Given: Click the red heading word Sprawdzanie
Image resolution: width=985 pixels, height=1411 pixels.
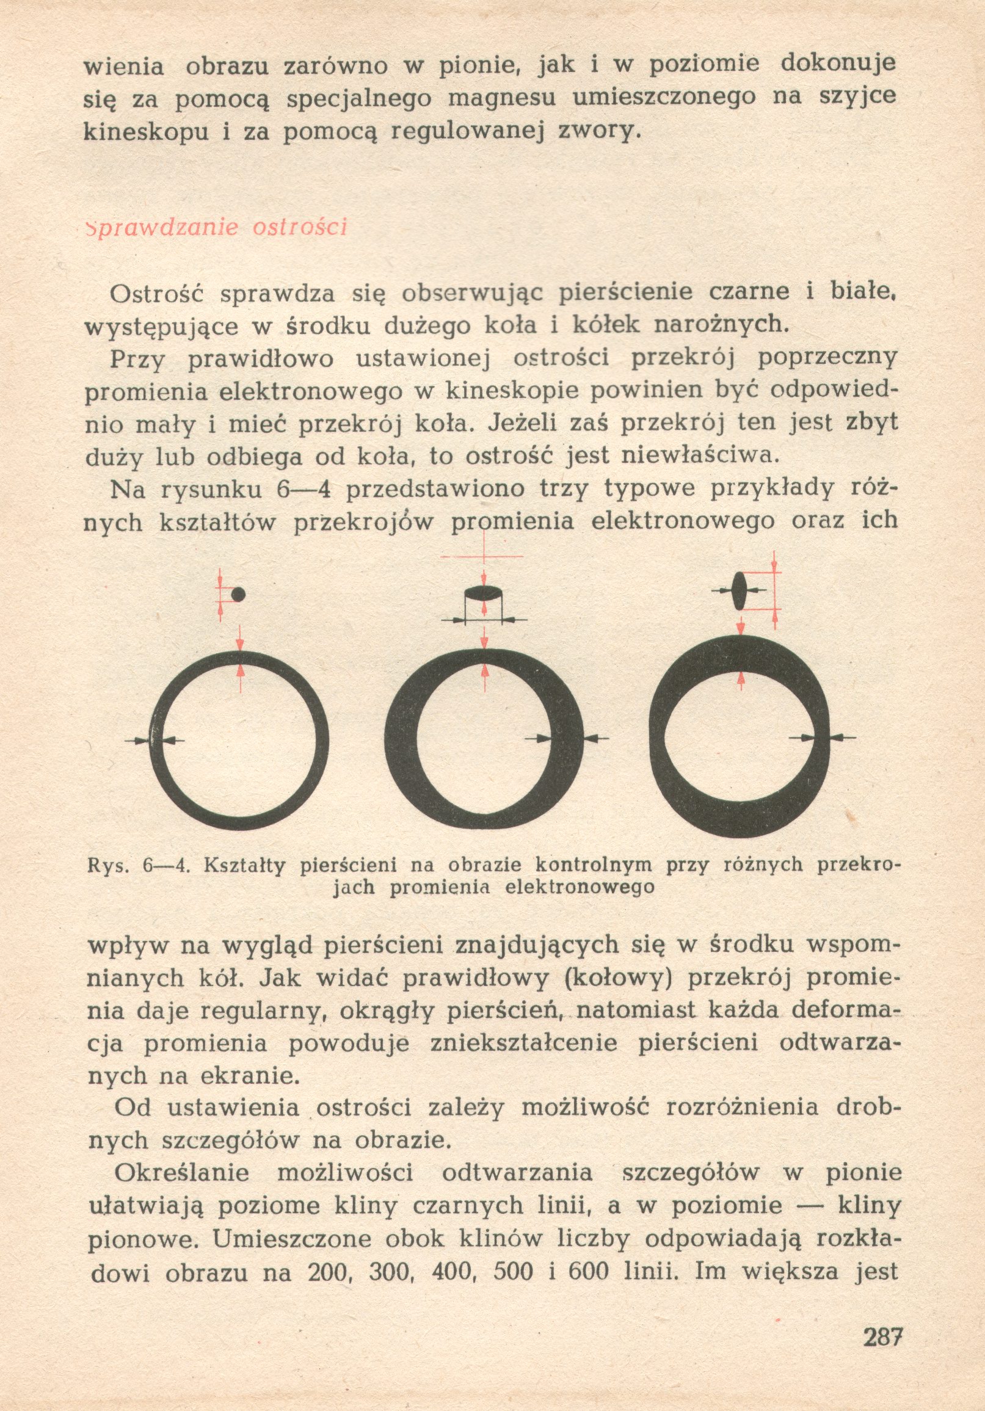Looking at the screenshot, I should (x=162, y=227).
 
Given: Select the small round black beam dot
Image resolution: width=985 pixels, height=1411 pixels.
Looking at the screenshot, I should (x=238, y=594).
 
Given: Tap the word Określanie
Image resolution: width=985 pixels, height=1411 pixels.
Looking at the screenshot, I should (x=182, y=1173).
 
